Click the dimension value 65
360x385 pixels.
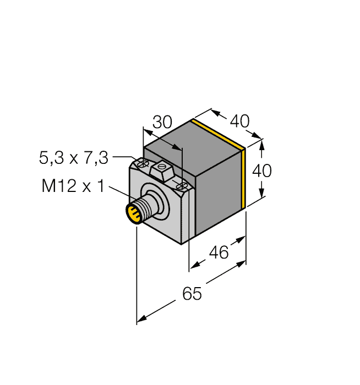coord(192,294)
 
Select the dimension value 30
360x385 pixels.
coord(162,122)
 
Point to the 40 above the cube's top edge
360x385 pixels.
coord(239,120)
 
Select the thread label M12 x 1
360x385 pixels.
coord(73,186)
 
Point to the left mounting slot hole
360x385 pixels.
coord(143,163)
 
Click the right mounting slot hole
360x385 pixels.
coord(180,186)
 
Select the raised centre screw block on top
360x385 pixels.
coord(162,172)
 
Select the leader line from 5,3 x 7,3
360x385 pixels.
coord(124,158)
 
